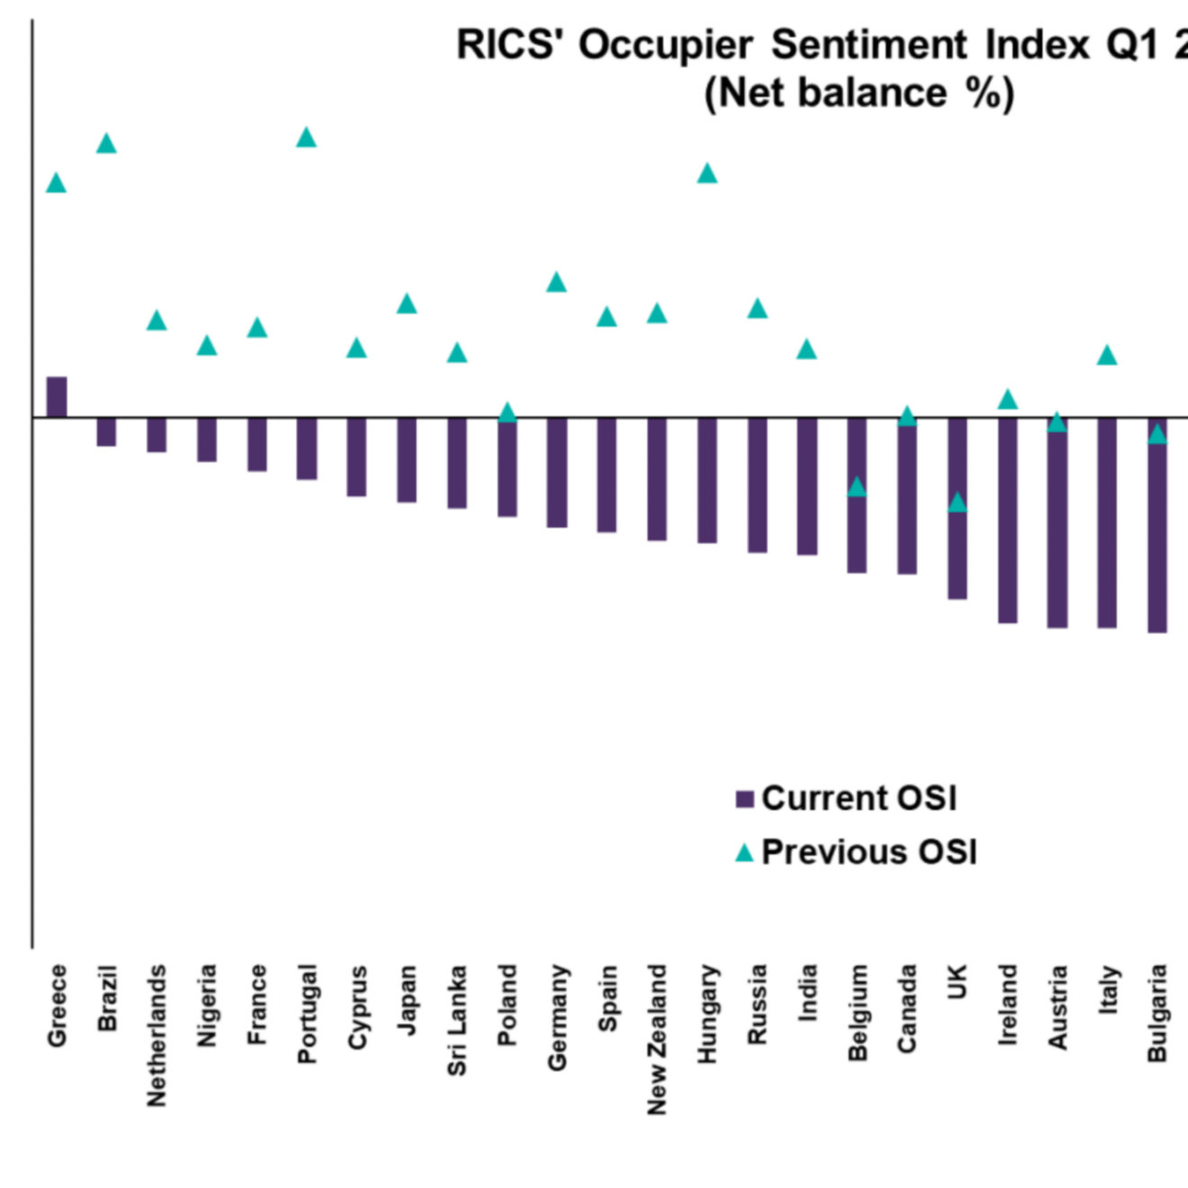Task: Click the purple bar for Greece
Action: tap(57, 397)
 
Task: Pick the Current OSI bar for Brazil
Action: tap(106, 432)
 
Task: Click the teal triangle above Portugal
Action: tap(306, 138)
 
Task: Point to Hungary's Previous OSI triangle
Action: tap(707, 174)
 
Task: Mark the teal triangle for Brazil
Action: tap(106, 144)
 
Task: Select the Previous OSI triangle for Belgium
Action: tap(857, 487)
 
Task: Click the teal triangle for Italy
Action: tap(1107, 355)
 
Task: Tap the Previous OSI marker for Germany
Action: tap(556, 283)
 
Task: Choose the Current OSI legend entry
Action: tap(847, 798)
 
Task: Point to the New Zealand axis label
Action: tap(657, 1039)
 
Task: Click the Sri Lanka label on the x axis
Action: tap(457, 1020)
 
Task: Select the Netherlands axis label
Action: tap(157, 1035)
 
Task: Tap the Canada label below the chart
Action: tap(907, 1008)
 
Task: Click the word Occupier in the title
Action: tap(665, 45)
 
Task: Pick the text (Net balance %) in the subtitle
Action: tap(859, 93)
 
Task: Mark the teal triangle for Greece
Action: tap(57, 184)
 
